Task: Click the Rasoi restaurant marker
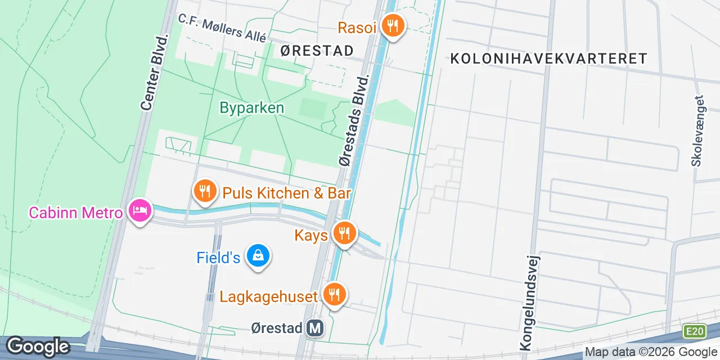click(x=392, y=25)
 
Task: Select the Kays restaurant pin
click(x=344, y=232)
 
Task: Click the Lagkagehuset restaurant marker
click(x=334, y=294)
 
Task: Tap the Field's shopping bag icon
click(x=258, y=256)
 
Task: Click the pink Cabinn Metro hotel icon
click(x=138, y=211)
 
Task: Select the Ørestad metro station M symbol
click(x=316, y=328)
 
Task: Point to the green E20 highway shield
click(x=694, y=331)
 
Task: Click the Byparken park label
click(x=251, y=108)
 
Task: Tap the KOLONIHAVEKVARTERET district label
click(x=548, y=58)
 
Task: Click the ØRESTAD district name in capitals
click(x=317, y=51)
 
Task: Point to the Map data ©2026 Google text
click(x=650, y=352)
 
